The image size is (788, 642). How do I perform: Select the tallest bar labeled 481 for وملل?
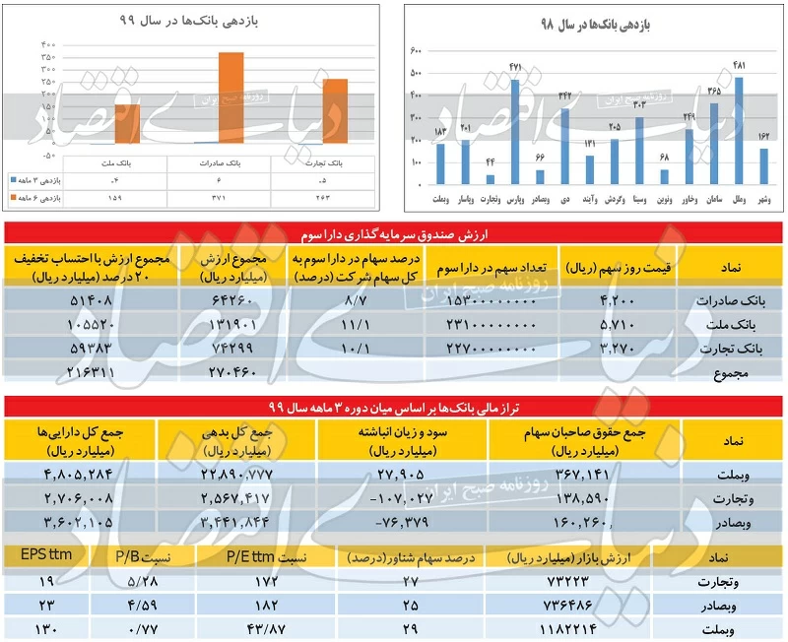(x=739, y=131)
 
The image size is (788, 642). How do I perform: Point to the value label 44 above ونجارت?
(x=490, y=161)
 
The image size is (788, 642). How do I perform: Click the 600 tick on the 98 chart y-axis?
(x=416, y=50)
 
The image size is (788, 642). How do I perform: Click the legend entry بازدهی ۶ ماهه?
(x=39, y=197)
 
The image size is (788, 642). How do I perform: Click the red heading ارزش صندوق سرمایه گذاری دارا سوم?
(x=394, y=230)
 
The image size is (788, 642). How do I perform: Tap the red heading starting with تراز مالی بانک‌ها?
(x=394, y=406)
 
